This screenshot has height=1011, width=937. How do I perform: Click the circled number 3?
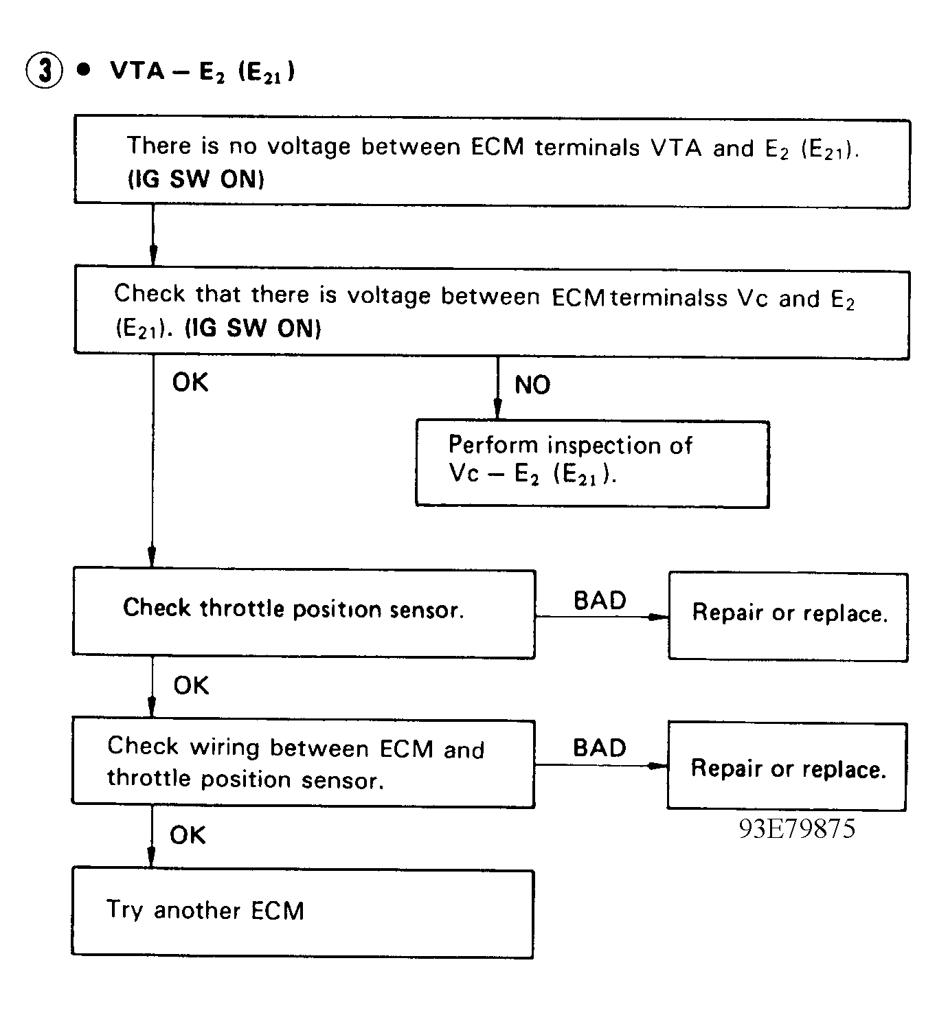coord(43,71)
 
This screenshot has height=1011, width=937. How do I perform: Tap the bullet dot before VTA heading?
coord(84,70)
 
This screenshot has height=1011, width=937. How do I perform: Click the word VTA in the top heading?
coord(137,71)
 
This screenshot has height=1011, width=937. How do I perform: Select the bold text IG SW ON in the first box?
coord(196,180)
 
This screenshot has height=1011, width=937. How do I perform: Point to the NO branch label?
coord(532,385)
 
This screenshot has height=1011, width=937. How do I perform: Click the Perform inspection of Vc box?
coord(591,464)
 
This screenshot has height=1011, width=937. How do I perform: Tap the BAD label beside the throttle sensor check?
coord(600,601)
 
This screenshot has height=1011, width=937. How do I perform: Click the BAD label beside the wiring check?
coord(599,749)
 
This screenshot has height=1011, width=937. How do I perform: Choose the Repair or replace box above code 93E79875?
coord(787,767)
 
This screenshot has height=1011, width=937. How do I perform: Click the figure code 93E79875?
coord(797,829)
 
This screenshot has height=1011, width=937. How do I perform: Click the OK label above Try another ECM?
coord(188,835)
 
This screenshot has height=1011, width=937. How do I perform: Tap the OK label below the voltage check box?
coord(190,383)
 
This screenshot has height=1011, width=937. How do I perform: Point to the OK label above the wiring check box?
coord(191,685)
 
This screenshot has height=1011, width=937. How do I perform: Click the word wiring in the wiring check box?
coord(224,747)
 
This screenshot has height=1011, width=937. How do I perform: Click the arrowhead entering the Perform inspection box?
coord(497,410)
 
